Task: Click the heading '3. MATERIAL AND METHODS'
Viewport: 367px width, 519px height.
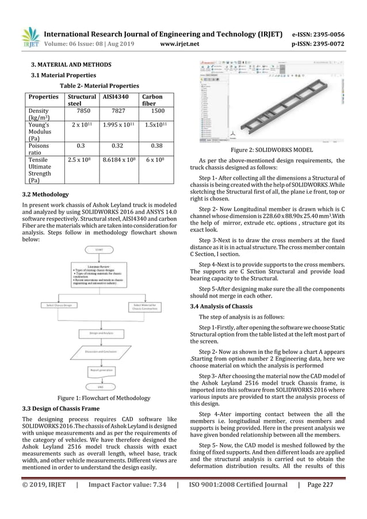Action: coord(72,66)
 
